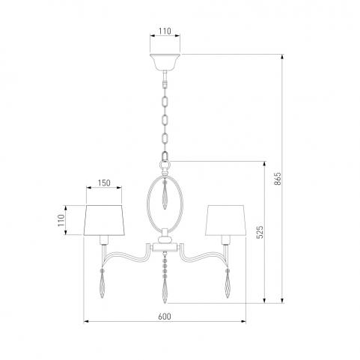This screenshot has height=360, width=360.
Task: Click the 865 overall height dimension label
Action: point(278,179)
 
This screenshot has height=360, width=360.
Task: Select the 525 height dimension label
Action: point(260,232)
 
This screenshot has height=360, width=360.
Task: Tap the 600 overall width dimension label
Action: point(165,317)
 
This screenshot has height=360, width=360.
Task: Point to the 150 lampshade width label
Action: point(104,183)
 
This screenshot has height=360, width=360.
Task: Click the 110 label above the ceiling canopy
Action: point(165,31)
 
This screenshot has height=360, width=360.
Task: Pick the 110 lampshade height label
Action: point(61,220)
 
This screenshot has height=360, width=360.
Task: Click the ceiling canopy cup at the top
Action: point(165,62)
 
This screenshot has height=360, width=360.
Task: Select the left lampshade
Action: point(104,221)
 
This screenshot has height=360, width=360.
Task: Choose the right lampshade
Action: point(226,221)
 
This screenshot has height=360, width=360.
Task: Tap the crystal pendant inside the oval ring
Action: point(165,195)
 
